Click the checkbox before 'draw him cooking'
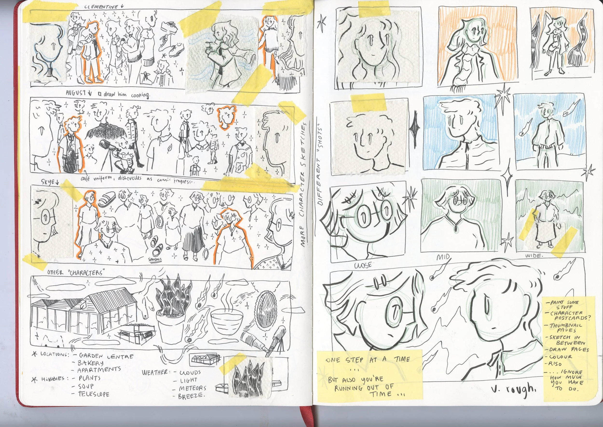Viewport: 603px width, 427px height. coord(100,93)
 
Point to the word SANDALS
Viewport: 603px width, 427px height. coord(155,259)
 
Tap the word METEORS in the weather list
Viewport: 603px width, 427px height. coord(192,388)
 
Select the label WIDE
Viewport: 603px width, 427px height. coord(534,256)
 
